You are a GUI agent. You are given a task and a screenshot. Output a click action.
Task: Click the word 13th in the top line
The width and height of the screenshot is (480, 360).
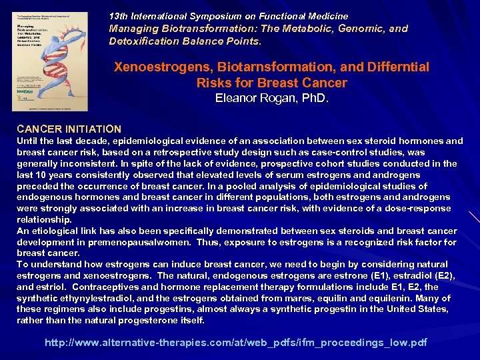click(x=118, y=16)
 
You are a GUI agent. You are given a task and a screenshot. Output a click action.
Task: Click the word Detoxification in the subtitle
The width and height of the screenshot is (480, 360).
click(x=142, y=41)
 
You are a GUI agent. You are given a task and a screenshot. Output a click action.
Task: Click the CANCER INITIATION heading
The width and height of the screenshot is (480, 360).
click(x=69, y=129)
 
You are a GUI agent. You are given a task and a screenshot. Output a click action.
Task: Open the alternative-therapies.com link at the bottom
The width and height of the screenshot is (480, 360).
click(x=235, y=343)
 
